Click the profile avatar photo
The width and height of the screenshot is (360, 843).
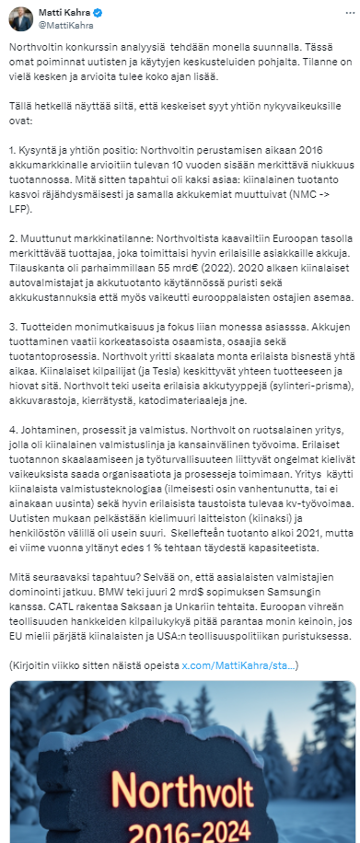pos(18,17)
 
